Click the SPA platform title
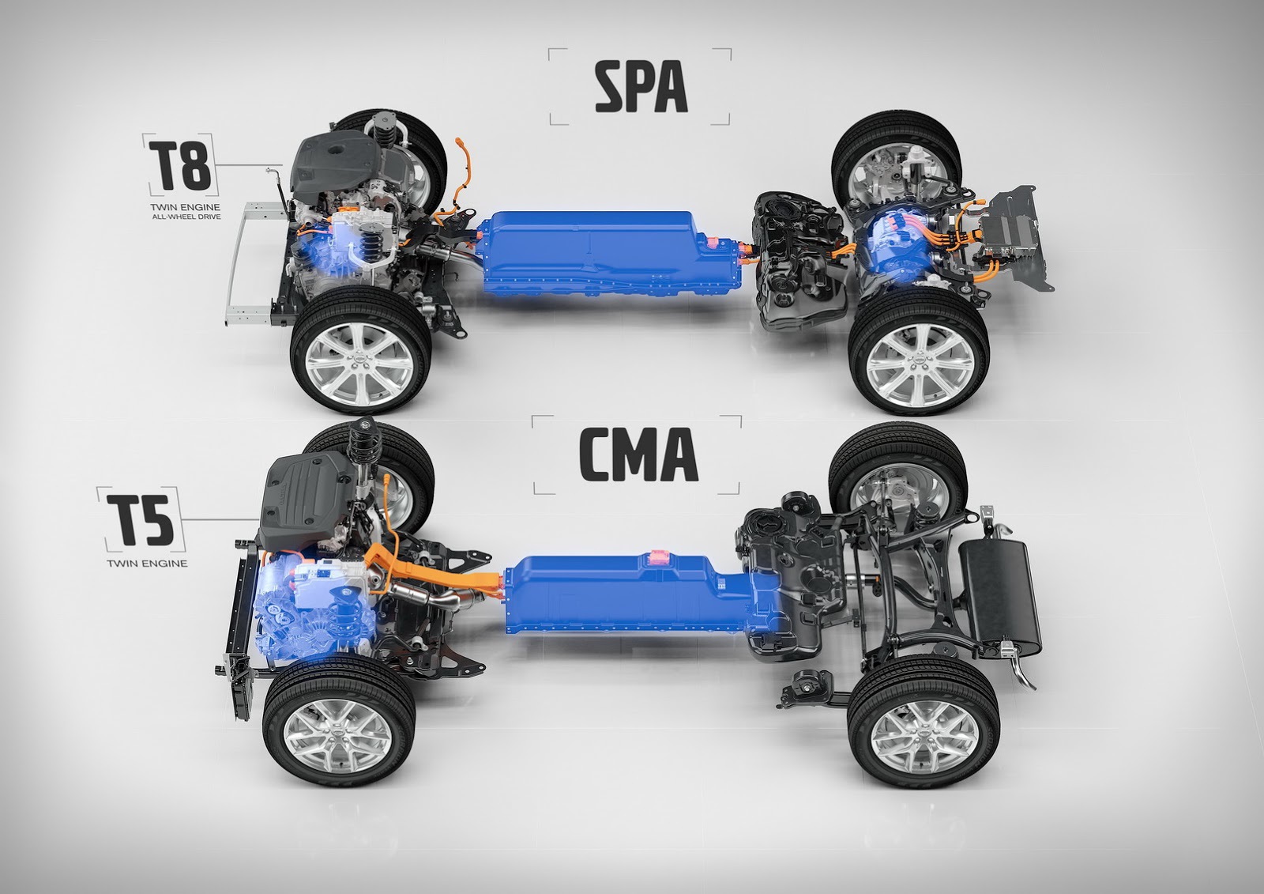click(641, 87)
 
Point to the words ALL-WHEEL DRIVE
click(186, 217)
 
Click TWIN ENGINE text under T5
click(147, 563)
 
